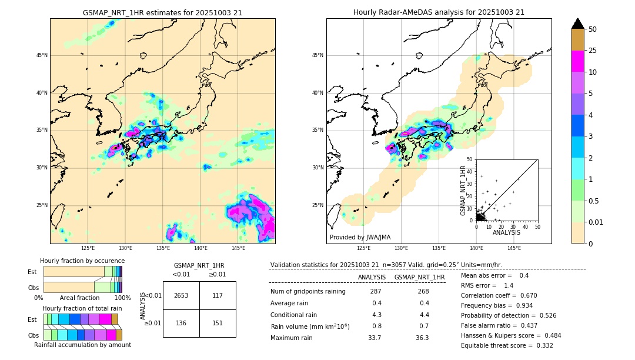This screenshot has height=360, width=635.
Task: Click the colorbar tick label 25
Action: [593, 51]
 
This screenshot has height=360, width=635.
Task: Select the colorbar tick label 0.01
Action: [596, 222]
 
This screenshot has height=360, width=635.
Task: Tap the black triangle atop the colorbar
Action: [578, 24]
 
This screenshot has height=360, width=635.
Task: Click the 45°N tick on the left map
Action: [41, 55]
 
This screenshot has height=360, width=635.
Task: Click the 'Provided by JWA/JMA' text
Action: [359, 237]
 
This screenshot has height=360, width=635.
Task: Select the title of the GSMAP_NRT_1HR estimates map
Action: [162, 12]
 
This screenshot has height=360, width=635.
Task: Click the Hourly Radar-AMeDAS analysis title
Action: [439, 12]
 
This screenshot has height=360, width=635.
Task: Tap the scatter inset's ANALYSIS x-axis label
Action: [506, 232]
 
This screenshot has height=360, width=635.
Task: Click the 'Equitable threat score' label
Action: [498, 345]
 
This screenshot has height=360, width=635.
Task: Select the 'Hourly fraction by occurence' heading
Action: [82, 261]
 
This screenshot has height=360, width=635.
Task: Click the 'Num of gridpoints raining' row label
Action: [308, 292]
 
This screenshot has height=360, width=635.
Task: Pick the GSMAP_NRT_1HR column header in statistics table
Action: [419, 277]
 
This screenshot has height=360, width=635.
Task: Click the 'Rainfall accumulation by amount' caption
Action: [82, 345]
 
